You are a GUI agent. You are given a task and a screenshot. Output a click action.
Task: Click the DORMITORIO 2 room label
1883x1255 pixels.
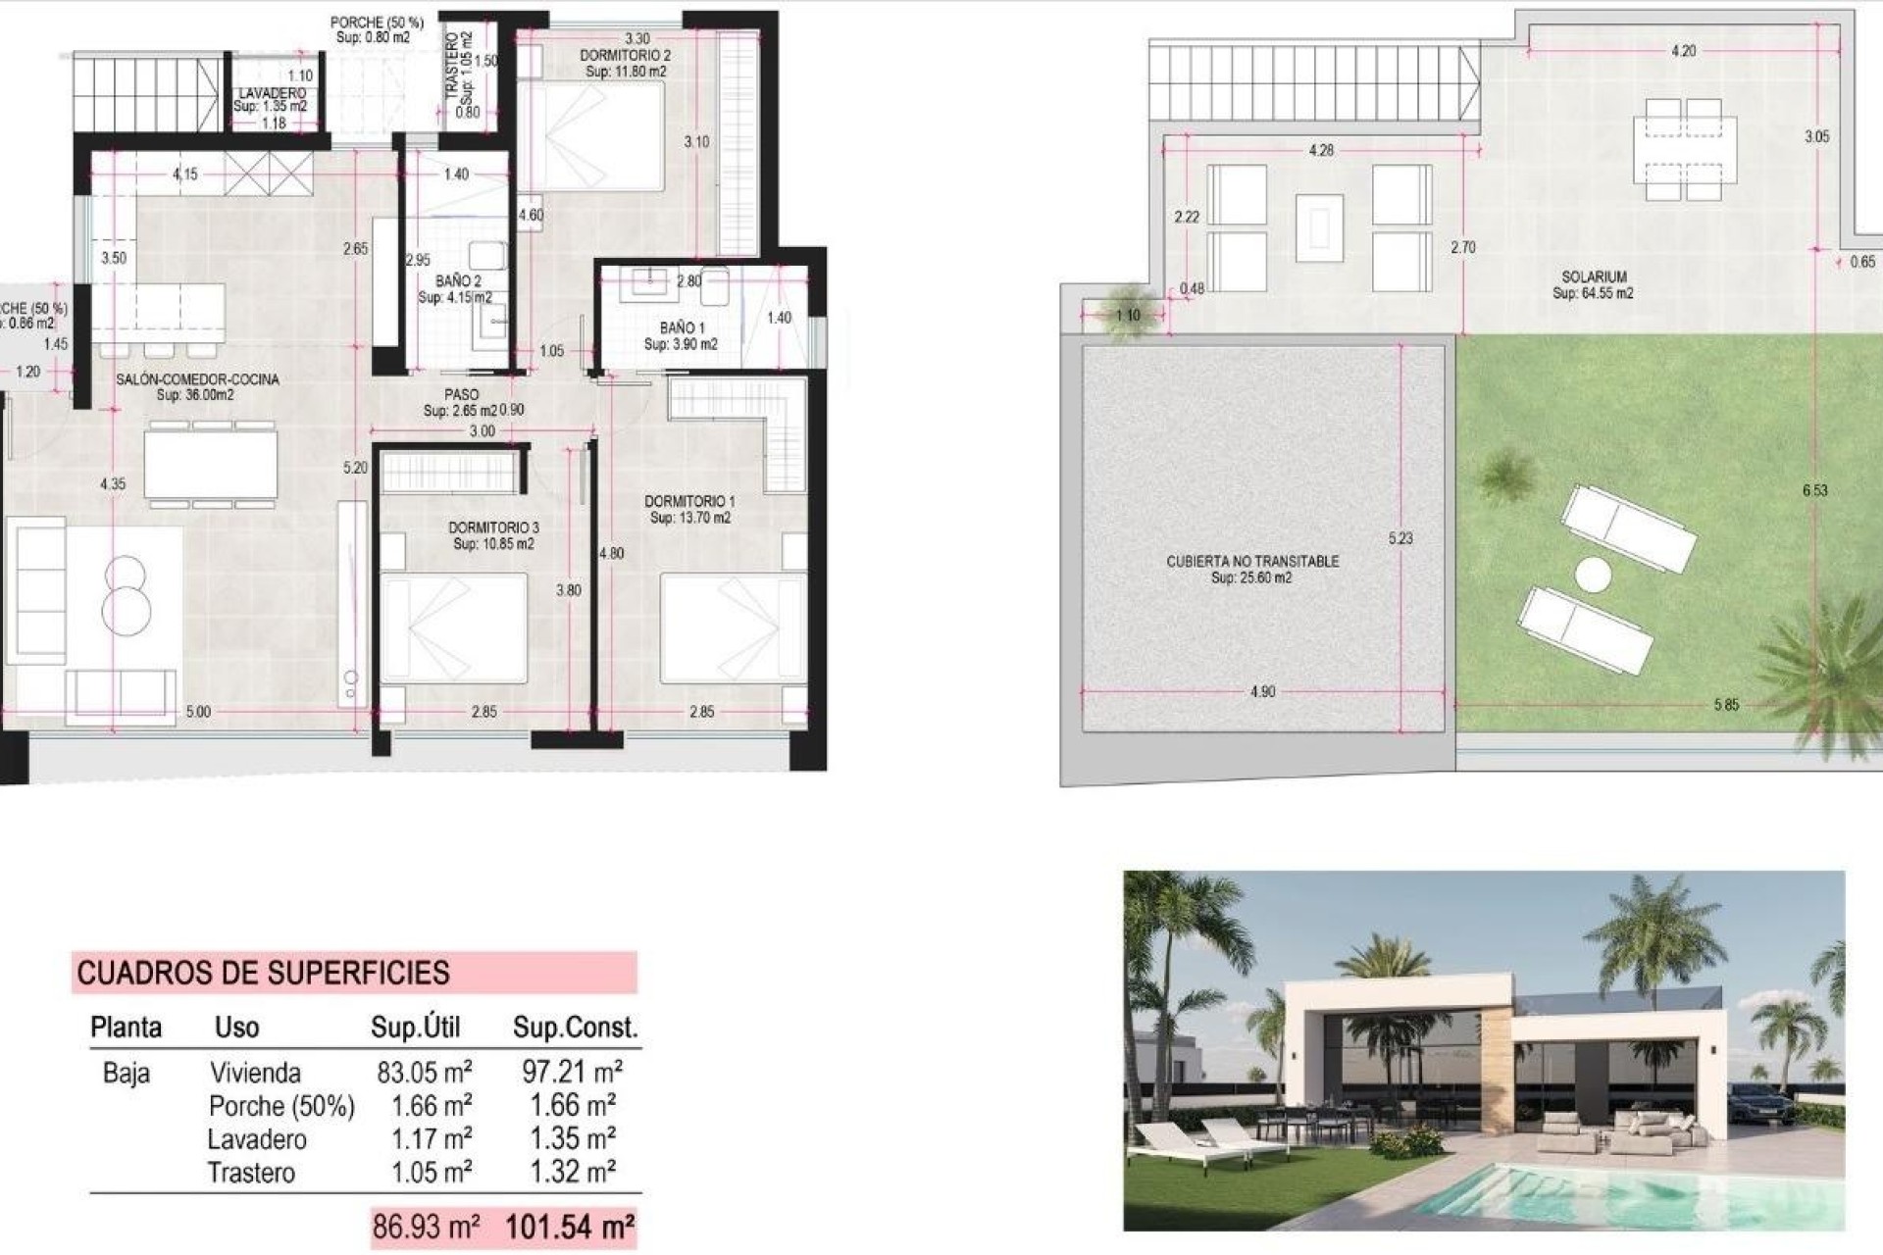tap(626, 56)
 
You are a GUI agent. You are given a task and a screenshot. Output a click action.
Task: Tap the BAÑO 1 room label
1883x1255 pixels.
tap(682, 327)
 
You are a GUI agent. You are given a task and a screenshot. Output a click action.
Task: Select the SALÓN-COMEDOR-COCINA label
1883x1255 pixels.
tap(197, 379)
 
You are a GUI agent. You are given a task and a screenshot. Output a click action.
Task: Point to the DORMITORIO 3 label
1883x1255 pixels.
tap(494, 527)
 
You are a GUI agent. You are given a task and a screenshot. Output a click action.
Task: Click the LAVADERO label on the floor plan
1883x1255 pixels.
tap(272, 93)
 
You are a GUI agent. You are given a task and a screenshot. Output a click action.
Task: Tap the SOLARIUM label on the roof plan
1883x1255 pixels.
tap(1595, 277)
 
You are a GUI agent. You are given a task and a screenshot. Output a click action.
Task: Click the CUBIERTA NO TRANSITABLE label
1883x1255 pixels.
tap(1252, 562)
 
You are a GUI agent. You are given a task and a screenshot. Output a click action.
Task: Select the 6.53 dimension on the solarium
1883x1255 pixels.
tap(1815, 490)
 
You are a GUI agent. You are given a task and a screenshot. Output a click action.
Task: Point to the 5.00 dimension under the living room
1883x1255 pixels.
tap(198, 712)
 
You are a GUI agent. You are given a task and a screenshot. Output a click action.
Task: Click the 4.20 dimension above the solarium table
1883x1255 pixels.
tap(1683, 51)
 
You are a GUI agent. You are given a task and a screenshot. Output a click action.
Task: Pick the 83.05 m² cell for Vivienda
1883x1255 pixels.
tap(424, 1072)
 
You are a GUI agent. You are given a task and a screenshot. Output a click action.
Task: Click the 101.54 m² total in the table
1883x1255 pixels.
tap(569, 1227)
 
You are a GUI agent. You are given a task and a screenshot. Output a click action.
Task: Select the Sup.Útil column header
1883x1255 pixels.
tap(415, 1028)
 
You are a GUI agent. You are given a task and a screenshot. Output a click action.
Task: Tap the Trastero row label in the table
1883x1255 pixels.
tap(251, 1173)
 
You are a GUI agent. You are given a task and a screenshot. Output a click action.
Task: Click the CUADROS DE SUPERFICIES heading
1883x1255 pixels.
tap(263, 973)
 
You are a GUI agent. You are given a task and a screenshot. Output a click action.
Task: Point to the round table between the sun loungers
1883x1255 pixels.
tap(1594, 575)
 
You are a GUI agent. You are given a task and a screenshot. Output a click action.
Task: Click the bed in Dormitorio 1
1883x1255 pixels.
tap(731, 628)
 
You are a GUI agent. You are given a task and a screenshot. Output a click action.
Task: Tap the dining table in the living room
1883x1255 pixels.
tap(211, 465)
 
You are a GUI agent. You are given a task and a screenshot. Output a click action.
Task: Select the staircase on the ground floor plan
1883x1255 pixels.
tap(147, 93)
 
